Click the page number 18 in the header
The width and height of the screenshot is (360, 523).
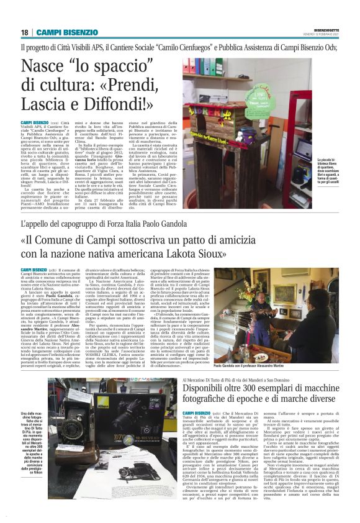(x=24, y=32)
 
